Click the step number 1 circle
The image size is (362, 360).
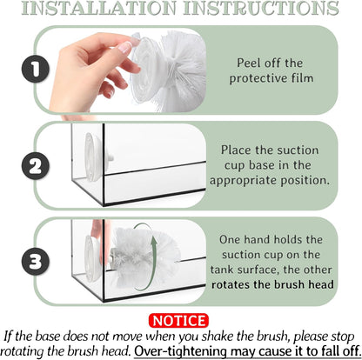[35, 70]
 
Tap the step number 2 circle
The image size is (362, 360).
[35, 166]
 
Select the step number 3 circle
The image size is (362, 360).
[35, 262]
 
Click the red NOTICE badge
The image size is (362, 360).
[178, 321]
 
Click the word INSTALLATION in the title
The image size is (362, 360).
[99, 8]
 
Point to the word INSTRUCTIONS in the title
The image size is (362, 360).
[261, 8]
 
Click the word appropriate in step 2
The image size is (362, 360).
[244, 180]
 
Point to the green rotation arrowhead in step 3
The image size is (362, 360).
[155, 240]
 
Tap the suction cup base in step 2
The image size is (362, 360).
[94, 157]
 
